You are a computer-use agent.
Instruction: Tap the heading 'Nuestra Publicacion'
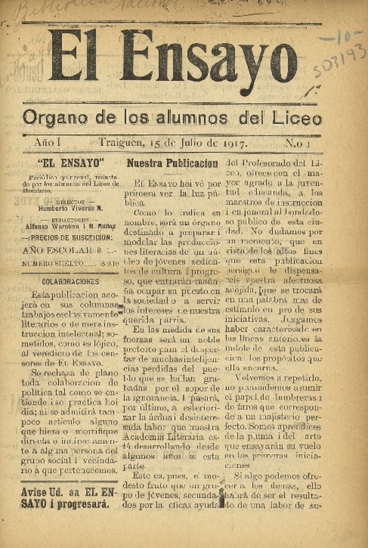tap(172, 164)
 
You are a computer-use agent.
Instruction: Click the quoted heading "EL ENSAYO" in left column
tap(71, 164)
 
